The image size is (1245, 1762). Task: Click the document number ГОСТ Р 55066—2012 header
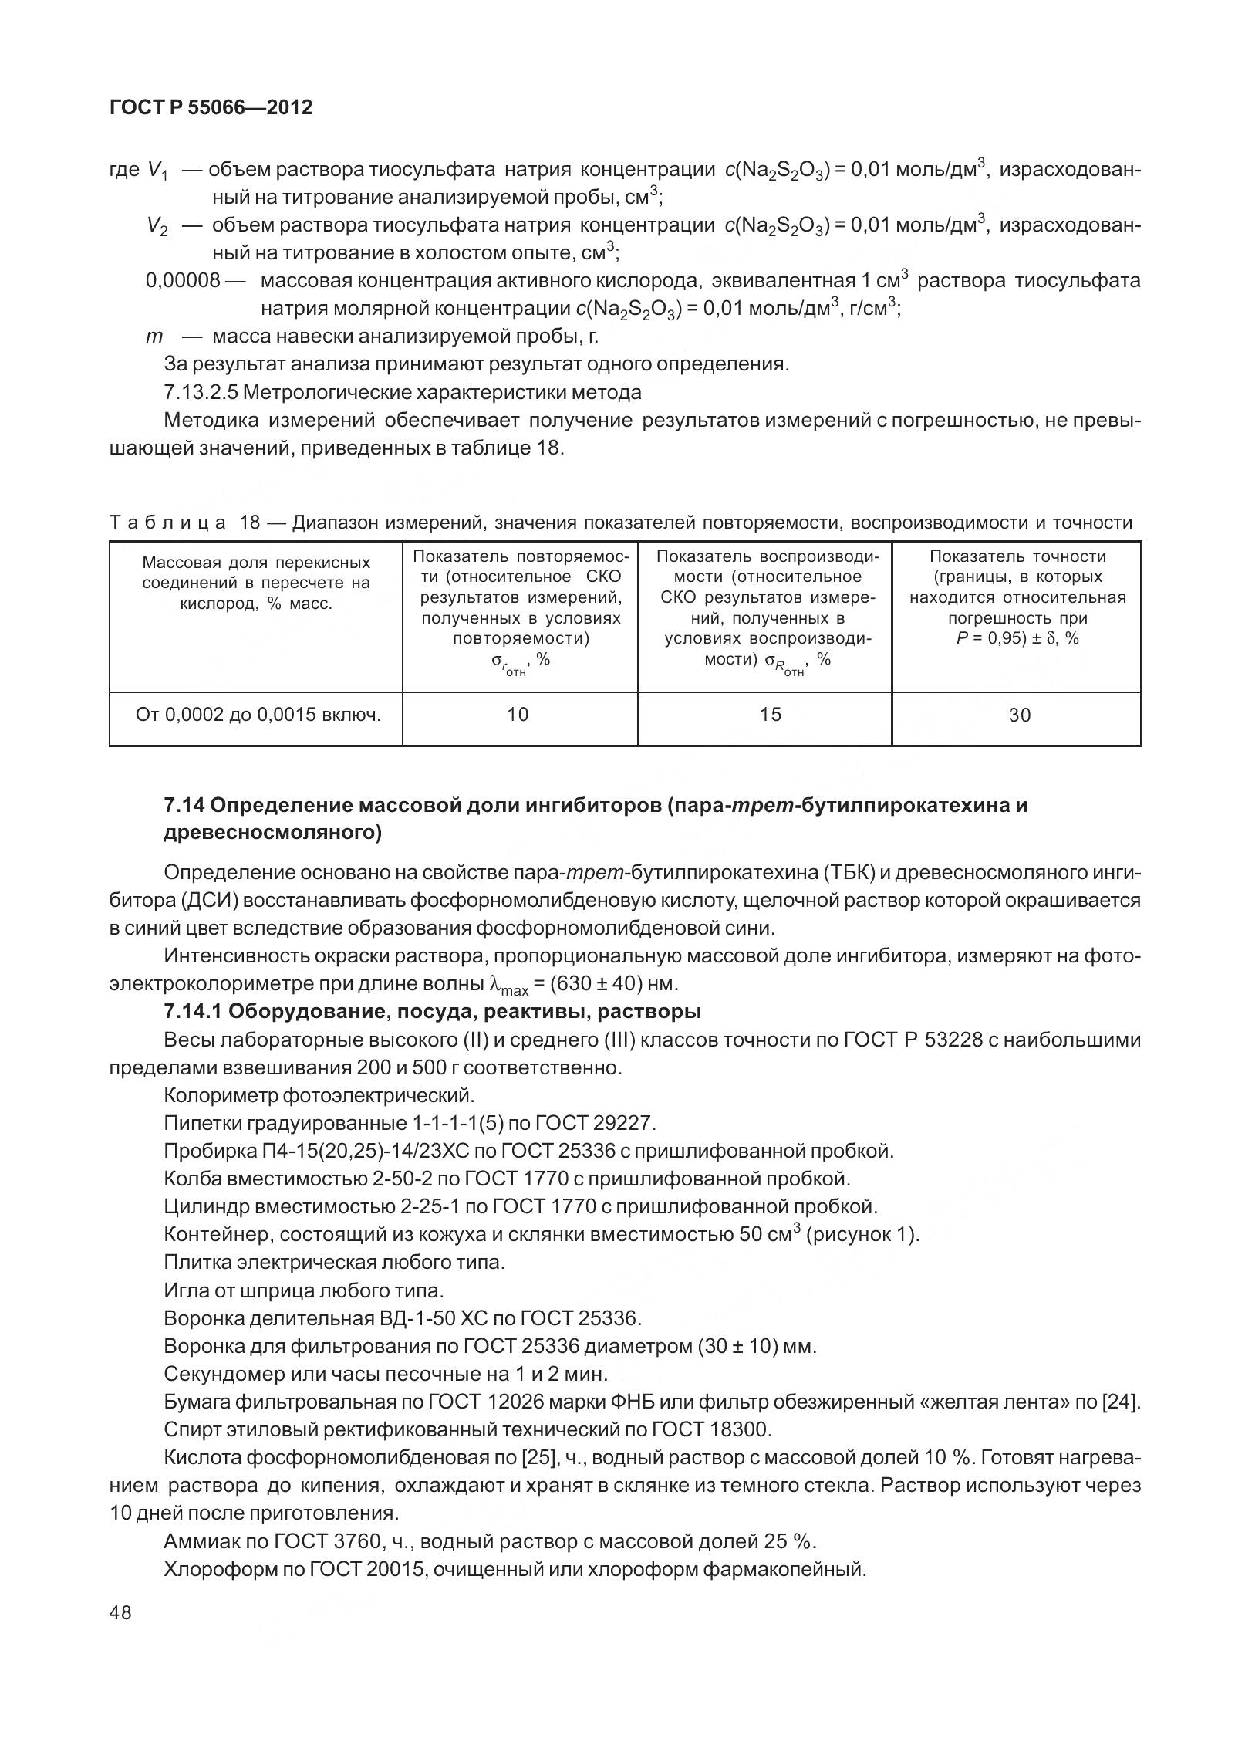(x=211, y=108)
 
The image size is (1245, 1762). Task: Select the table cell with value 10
(x=518, y=715)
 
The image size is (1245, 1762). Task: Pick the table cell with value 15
(x=770, y=715)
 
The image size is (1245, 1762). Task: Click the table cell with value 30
(x=1019, y=715)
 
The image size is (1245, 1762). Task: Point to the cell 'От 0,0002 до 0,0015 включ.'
(x=258, y=715)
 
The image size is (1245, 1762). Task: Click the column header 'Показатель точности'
(x=1017, y=556)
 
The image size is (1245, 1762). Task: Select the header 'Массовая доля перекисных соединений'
(x=256, y=573)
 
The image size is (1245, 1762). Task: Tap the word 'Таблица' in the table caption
(x=168, y=523)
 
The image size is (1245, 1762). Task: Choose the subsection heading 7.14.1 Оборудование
(x=432, y=1011)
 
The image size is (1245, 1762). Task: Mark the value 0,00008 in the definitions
(x=183, y=280)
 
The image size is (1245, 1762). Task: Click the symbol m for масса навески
(x=154, y=337)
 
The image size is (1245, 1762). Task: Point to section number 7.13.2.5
(x=201, y=392)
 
